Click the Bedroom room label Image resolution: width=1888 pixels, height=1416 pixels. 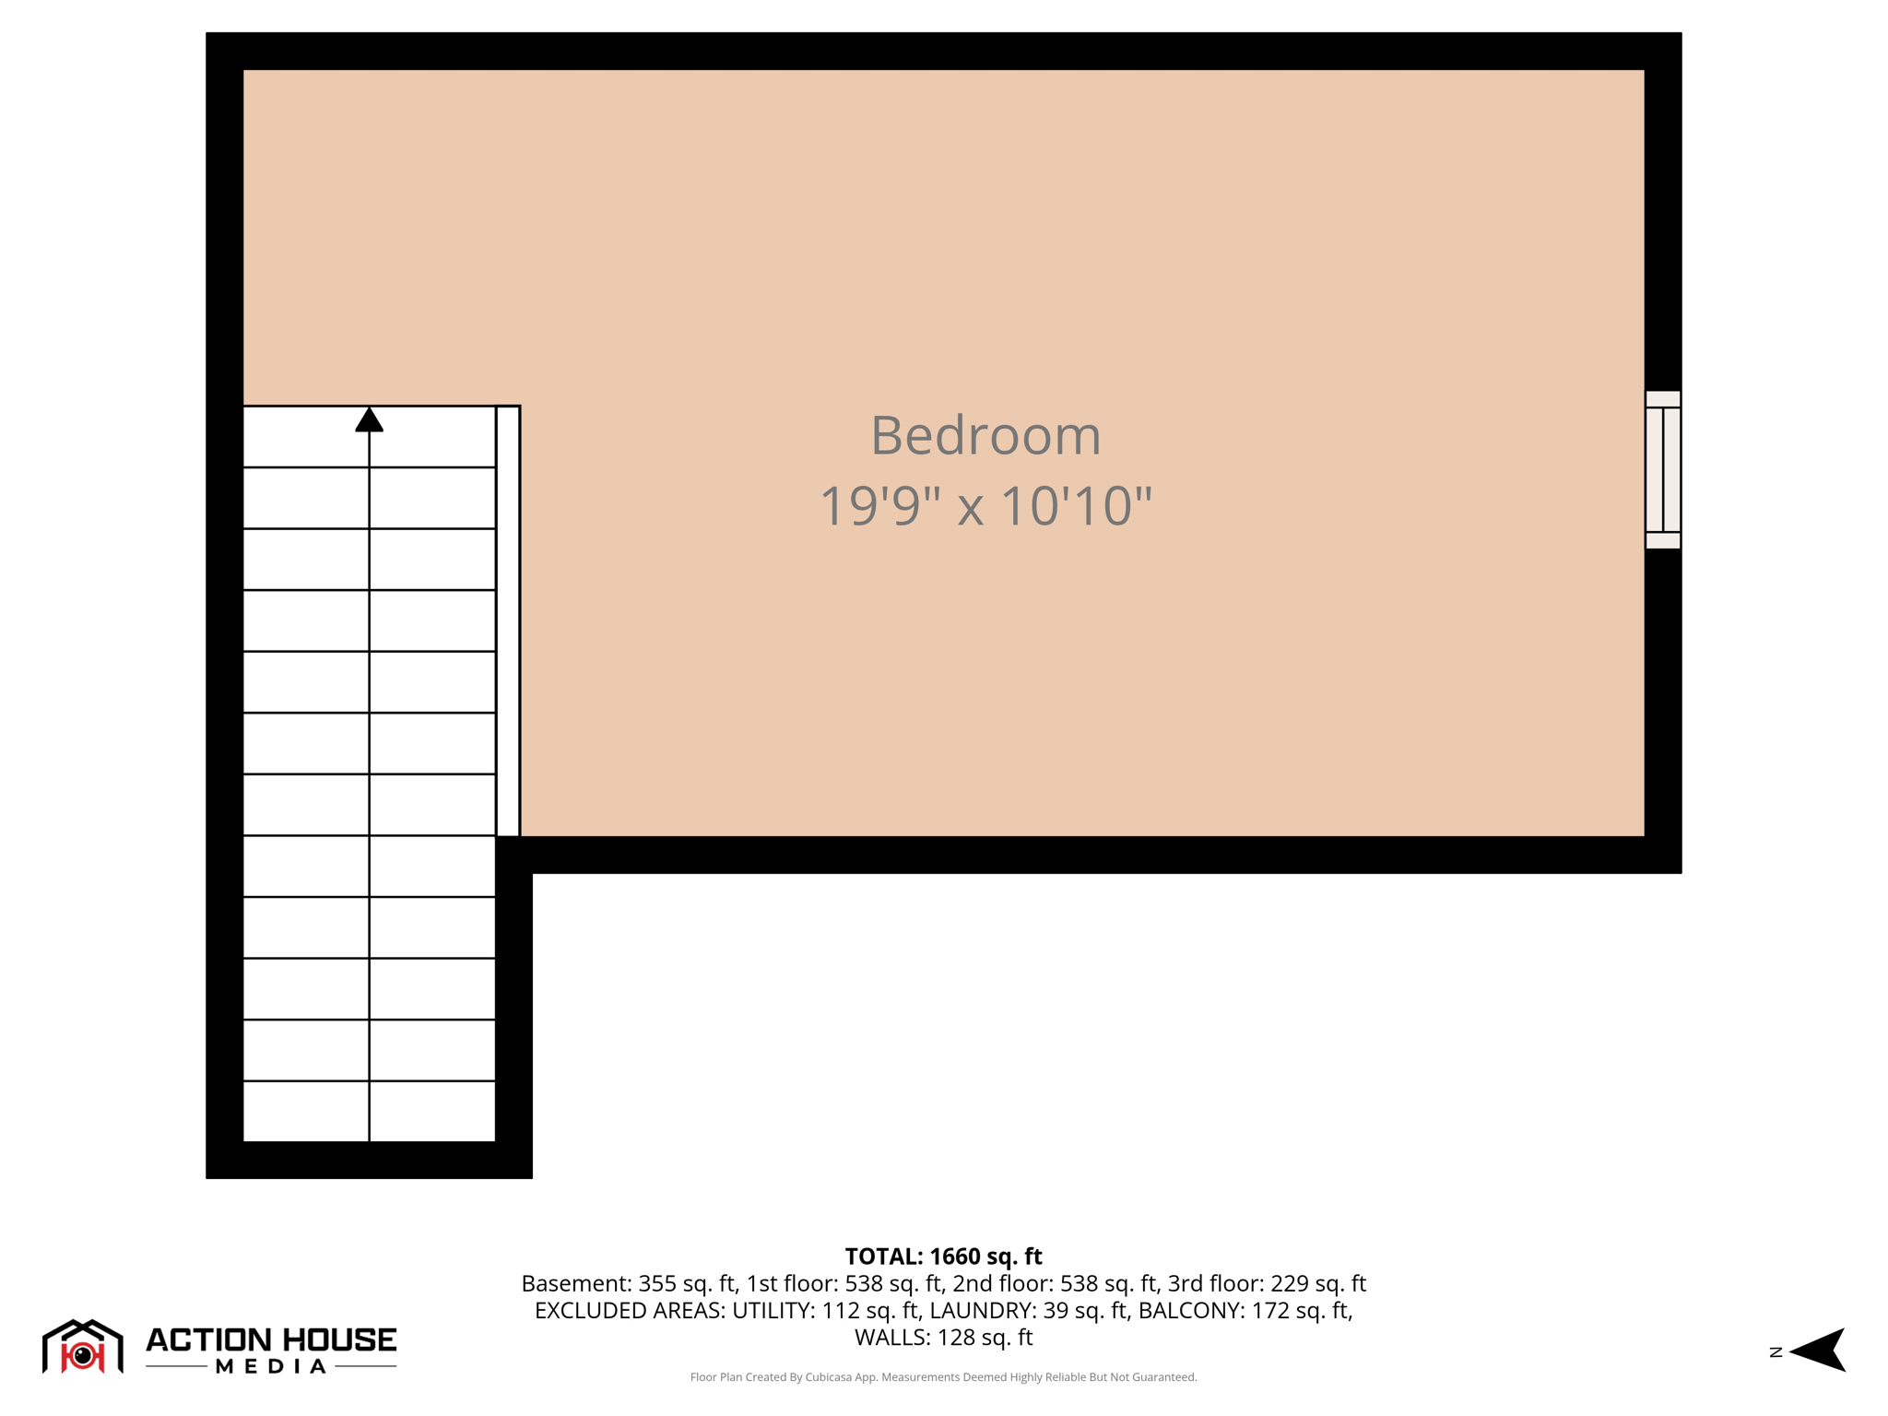point(985,435)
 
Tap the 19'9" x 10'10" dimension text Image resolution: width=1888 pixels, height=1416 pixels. point(985,506)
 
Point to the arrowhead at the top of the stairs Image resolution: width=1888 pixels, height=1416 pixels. point(370,420)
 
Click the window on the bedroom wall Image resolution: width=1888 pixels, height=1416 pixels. point(1662,469)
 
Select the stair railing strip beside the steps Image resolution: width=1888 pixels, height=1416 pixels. point(508,620)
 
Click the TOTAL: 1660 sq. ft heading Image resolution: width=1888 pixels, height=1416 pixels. point(943,1257)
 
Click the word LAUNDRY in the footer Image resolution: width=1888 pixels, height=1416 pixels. point(982,1310)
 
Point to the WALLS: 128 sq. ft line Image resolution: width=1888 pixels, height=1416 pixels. point(943,1337)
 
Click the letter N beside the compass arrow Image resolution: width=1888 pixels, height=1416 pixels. point(1776,1352)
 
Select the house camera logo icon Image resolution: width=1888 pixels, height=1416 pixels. point(83,1348)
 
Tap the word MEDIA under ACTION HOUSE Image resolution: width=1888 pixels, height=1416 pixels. point(271,1366)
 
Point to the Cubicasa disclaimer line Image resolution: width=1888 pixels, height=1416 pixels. point(943,1377)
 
